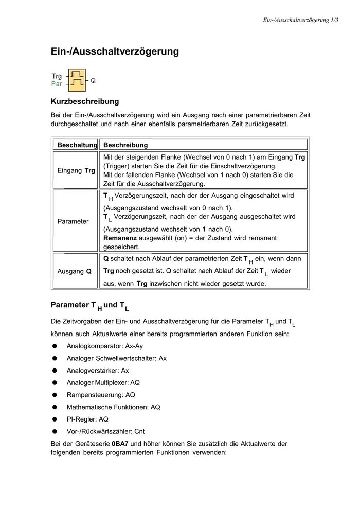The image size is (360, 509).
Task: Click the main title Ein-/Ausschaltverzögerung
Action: coord(115,51)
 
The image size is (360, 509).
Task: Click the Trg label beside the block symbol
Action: coord(57,76)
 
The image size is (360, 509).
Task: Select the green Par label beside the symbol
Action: coord(57,84)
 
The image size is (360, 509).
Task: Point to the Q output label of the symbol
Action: coord(93,81)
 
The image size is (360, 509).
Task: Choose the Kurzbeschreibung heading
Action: coord(84,101)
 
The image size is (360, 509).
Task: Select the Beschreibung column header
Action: coord(125,145)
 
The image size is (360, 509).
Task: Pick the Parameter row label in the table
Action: coord(73,221)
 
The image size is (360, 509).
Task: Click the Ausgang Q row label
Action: coord(74,271)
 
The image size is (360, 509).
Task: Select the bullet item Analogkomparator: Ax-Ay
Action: coord(104,346)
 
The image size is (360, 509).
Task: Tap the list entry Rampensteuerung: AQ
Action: coord(101,395)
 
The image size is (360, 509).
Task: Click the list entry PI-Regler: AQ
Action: coord(87,419)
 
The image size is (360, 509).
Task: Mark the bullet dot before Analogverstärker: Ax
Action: coord(54,371)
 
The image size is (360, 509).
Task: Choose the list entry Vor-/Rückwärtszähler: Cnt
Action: coord(109,431)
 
